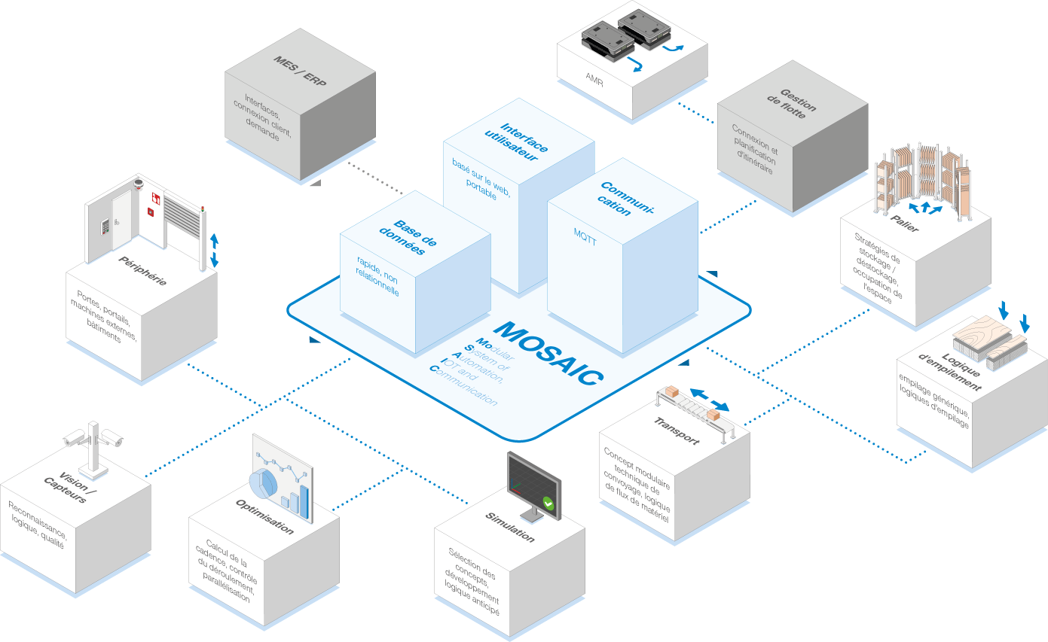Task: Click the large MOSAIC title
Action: (548, 353)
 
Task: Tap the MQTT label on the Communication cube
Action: (585, 237)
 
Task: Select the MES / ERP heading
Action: (299, 71)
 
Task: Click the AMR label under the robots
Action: (594, 80)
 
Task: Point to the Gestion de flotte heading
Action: (792, 104)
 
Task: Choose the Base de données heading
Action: (408, 237)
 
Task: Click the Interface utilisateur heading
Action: (516, 141)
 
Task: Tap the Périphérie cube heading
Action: (142, 270)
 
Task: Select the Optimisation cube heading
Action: (264, 517)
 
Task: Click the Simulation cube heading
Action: (510, 528)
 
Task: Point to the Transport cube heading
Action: (677, 431)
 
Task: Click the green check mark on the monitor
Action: (548, 504)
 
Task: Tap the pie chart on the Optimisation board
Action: (264, 484)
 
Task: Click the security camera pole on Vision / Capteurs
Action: (93, 449)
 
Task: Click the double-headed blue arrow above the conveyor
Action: (709, 400)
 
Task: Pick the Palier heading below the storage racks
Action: (905, 224)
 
